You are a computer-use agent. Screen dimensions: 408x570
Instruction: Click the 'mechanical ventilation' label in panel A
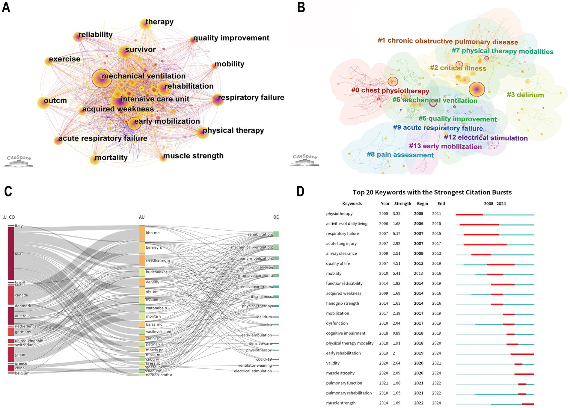(144, 76)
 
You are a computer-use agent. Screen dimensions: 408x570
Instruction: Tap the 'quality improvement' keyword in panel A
(231, 38)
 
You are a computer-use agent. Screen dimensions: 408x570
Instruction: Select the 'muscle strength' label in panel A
(193, 156)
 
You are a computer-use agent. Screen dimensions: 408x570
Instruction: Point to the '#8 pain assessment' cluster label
(400, 155)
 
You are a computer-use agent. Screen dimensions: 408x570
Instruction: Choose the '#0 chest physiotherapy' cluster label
(390, 90)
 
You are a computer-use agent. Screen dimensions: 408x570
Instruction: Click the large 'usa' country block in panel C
(11, 253)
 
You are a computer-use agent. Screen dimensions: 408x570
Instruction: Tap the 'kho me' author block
(142, 233)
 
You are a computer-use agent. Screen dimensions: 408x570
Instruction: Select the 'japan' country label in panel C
(20, 355)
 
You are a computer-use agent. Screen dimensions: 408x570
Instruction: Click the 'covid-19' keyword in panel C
(264, 359)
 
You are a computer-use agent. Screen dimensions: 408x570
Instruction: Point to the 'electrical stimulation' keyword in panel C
(253, 371)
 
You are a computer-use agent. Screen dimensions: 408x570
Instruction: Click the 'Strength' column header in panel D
(402, 204)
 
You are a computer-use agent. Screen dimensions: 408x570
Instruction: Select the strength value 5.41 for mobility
(396, 273)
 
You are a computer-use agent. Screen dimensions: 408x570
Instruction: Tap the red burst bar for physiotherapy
(469, 214)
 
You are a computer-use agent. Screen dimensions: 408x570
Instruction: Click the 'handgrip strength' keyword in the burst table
(342, 303)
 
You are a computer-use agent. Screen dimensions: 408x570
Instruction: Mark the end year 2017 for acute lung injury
(436, 244)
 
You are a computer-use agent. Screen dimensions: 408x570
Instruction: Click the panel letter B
(301, 7)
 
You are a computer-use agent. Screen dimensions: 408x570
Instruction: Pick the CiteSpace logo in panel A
(19, 161)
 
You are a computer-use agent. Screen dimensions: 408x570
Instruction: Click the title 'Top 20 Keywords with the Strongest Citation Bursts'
(432, 192)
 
